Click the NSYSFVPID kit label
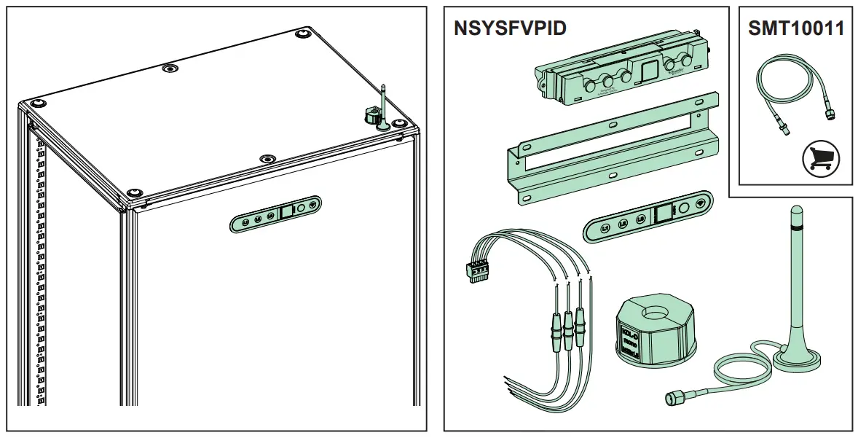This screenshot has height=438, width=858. (510, 28)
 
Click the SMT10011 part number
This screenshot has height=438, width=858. (796, 28)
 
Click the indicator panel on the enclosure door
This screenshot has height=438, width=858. (275, 214)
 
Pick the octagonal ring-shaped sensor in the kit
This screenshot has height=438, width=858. (655, 331)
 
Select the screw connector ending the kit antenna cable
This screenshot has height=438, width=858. (674, 398)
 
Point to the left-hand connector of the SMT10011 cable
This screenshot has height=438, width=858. (783, 128)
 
